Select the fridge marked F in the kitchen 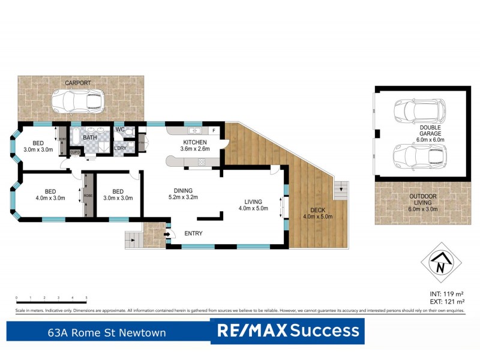[213, 130]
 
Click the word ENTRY [193, 233]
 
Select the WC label [119, 129]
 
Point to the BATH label [89, 137]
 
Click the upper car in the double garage [419, 110]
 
